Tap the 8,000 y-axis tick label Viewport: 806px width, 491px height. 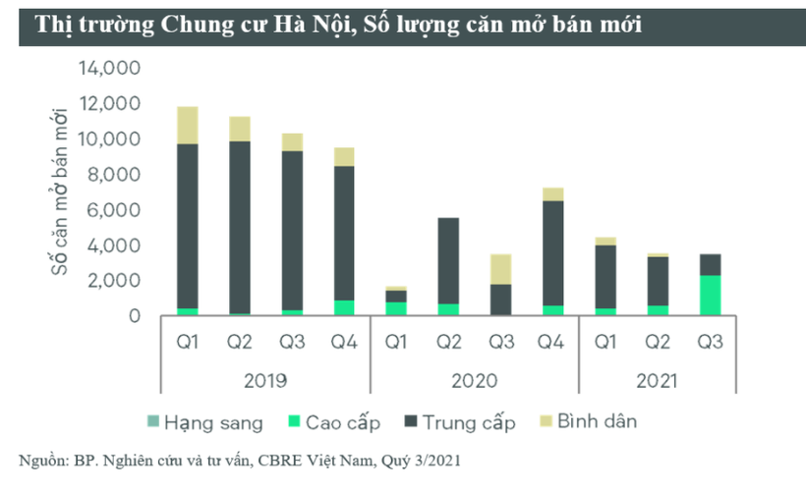[x=114, y=175]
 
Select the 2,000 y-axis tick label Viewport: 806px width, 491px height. [x=114, y=281]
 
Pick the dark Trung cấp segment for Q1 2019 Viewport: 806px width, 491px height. [x=187, y=226]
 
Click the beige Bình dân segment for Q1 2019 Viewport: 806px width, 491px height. [x=187, y=126]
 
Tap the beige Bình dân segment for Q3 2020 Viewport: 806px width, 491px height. [x=500, y=269]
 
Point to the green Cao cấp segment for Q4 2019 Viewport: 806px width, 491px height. [x=343, y=307]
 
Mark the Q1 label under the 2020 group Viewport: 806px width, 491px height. [x=396, y=343]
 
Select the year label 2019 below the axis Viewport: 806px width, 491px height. [x=264, y=379]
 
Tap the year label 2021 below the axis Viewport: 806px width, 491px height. [x=656, y=379]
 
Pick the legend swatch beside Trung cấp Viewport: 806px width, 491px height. [x=412, y=423]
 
